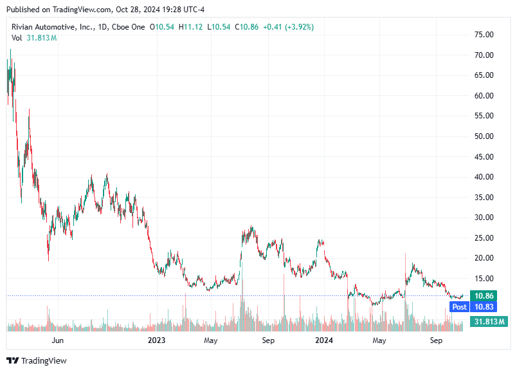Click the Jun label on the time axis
click(58, 340)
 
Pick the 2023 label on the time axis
click(157, 340)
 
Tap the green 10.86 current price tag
click(483, 296)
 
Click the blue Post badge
click(459, 307)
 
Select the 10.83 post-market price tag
click(483, 307)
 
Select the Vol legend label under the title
click(17, 38)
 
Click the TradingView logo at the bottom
click(37, 361)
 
